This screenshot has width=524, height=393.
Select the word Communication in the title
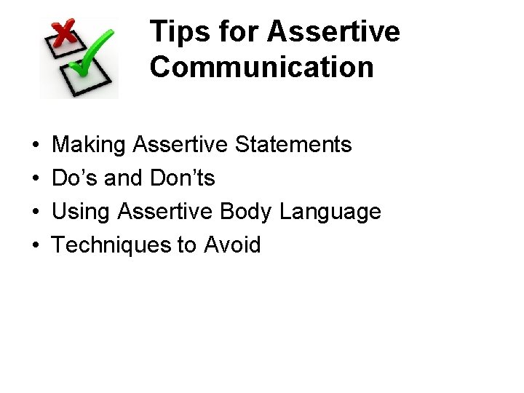[x=262, y=67]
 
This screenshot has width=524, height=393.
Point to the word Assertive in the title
[x=333, y=32]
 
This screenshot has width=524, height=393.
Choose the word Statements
[x=293, y=145]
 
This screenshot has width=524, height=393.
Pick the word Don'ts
[x=183, y=178]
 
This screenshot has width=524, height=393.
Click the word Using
[x=82, y=212]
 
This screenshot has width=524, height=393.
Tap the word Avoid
[x=232, y=245]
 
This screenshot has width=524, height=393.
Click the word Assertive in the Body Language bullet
[x=165, y=212]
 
